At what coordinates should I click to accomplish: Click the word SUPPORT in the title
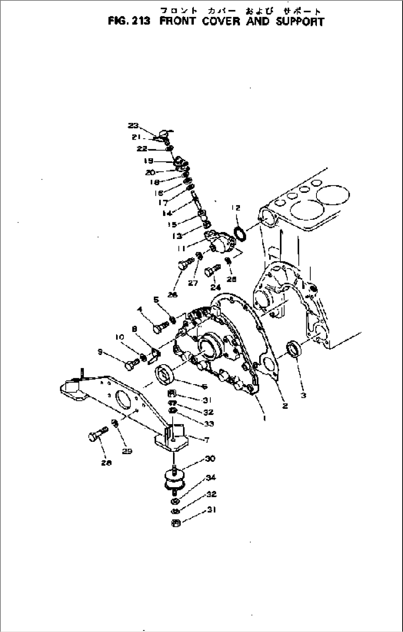(299, 21)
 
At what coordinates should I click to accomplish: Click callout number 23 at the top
(133, 126)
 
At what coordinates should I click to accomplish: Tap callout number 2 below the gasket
(285, 406)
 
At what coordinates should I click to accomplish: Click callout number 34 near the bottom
(211, 478)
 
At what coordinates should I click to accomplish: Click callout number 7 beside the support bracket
(207, 440)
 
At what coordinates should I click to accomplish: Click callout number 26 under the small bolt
(173, 294)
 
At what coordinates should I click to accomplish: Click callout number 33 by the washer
(209, 423)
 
